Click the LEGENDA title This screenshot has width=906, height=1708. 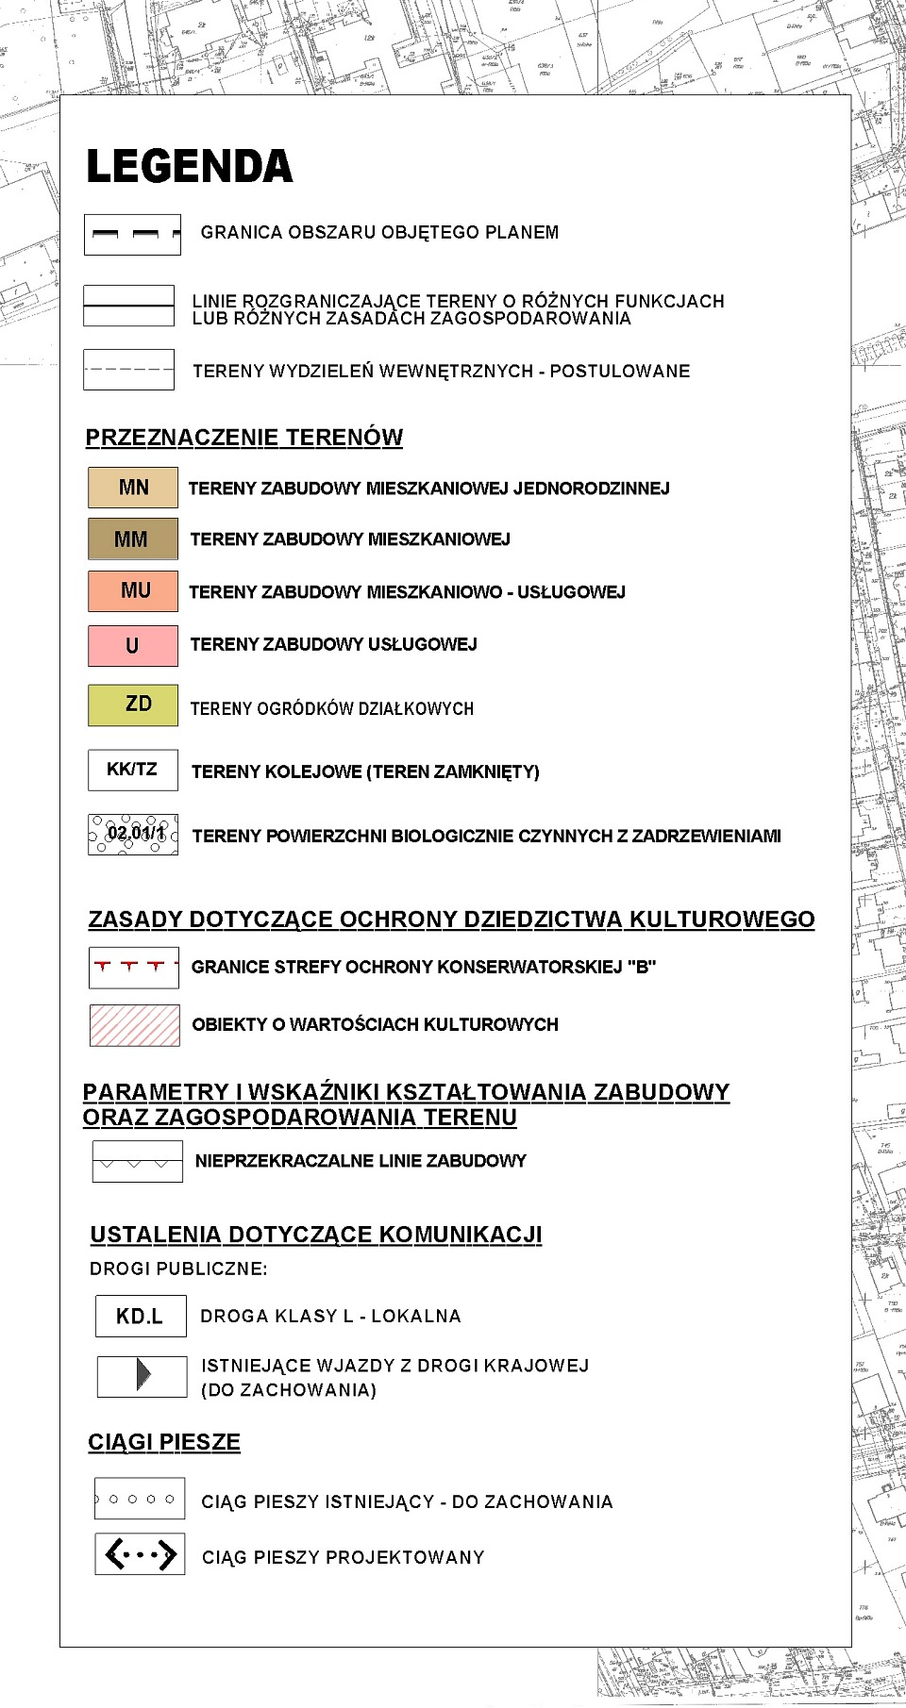tap(190, 167)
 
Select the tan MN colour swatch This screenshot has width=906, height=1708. tap(133, 488)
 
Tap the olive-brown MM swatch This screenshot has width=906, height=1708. tap(132, 539)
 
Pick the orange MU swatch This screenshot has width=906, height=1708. tap(133, 591)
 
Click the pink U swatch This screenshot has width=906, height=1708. tap(133, 645)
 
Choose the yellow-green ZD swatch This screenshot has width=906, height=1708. tap(133, 705)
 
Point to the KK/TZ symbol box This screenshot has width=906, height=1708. tap(133, 770)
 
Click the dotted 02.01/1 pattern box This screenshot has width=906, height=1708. tap(133, 835)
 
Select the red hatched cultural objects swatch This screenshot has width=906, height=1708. tap(134, 1025)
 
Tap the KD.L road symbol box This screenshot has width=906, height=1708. tap(141, 1316)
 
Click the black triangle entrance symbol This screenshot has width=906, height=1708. tap(143, 1374)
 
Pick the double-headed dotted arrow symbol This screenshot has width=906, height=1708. tap(140, 1554)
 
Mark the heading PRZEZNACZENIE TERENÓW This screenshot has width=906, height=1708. tap(243, 438)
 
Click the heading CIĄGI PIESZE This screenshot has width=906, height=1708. tap(164, 1442)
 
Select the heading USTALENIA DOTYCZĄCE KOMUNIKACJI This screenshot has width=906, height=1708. tap(316, 1235)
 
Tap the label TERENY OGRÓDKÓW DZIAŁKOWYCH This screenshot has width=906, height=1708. tap(332, 708)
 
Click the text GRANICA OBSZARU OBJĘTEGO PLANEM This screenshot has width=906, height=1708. tap(379, 233)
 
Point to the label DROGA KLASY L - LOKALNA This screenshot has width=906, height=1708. tap(330, 1316)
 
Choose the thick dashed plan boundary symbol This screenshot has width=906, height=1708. tap(132, 234)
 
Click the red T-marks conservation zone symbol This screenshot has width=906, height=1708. tap(134, 967)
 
